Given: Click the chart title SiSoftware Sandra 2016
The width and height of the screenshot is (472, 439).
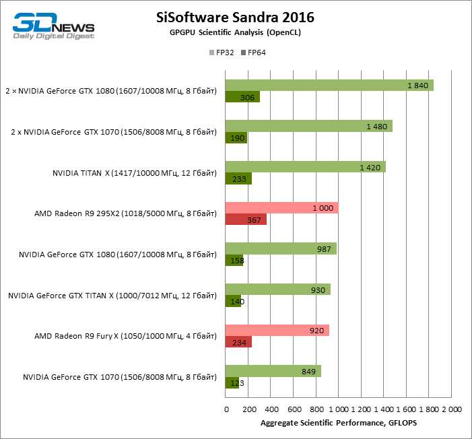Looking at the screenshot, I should pyautogui.click(x=235, y=16).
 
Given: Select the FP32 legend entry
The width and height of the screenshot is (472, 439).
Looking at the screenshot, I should pyautogui.click(x=222, y=53).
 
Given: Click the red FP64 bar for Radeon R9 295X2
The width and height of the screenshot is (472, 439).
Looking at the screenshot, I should pyautogui.click(x=246, y=219).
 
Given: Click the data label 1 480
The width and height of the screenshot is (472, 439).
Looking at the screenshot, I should pyautogui.click(x=376, y=127).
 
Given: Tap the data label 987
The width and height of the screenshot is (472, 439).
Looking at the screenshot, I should pyautogui.click(x=324, y=249).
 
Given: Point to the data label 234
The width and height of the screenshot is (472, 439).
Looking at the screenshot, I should pyautogui.click(x=238, y=342).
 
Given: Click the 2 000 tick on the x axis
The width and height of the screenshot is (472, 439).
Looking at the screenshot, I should pyautogui.click(x=450, y=409).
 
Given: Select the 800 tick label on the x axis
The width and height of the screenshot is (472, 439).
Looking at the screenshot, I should pyautogui.click(x=315, y=409).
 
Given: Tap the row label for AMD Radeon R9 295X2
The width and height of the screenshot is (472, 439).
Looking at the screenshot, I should pyautogui.click(x=126, y=214).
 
